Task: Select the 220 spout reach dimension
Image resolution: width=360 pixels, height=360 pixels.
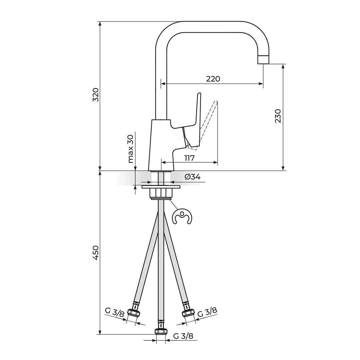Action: coord(213,79)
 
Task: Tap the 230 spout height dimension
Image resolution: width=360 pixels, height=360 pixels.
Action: coord(278,116)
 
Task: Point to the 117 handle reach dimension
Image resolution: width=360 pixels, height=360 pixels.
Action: coord(189,158)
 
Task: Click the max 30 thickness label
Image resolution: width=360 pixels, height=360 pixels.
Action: coord(131,149)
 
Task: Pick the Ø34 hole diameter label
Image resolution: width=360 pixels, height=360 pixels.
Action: coord(192,177)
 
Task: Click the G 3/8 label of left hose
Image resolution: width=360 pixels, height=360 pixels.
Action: coord(115,312)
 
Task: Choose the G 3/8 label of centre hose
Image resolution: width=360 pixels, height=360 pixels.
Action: coord(183,336)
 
